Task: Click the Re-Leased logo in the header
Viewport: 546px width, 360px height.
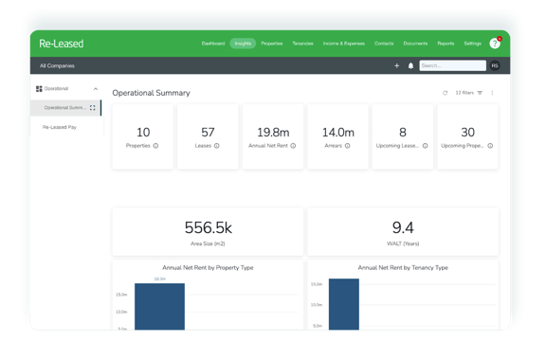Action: tap(62, 44)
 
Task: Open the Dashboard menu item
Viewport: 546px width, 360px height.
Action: tap(213, 44)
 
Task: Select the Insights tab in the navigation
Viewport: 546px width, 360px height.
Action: tap(243, 44)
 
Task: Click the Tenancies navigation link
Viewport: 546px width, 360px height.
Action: tap(302, 44)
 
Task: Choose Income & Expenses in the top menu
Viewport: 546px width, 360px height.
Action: tap(344, 44)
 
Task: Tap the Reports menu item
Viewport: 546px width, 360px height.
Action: tap(446, 44)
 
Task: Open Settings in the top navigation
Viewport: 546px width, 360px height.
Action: tap(472, 44)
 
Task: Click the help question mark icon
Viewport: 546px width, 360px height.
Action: tap(495, 44)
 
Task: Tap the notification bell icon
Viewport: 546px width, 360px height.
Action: tap(410, 65)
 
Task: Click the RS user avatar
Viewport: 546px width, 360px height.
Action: tap(494, 65)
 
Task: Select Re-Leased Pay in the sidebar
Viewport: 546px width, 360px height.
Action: tap(59, 126)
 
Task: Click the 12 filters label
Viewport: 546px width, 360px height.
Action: tap(464, 93)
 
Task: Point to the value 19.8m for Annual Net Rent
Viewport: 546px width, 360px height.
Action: tap(272, 132)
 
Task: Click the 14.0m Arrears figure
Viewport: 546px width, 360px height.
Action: tap(337, 132)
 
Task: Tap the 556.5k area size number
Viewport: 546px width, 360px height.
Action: tap(208, 227)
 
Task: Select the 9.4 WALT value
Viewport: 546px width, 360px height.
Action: tap(403, 227)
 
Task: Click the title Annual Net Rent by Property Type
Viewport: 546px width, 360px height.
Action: tap(208, 267)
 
